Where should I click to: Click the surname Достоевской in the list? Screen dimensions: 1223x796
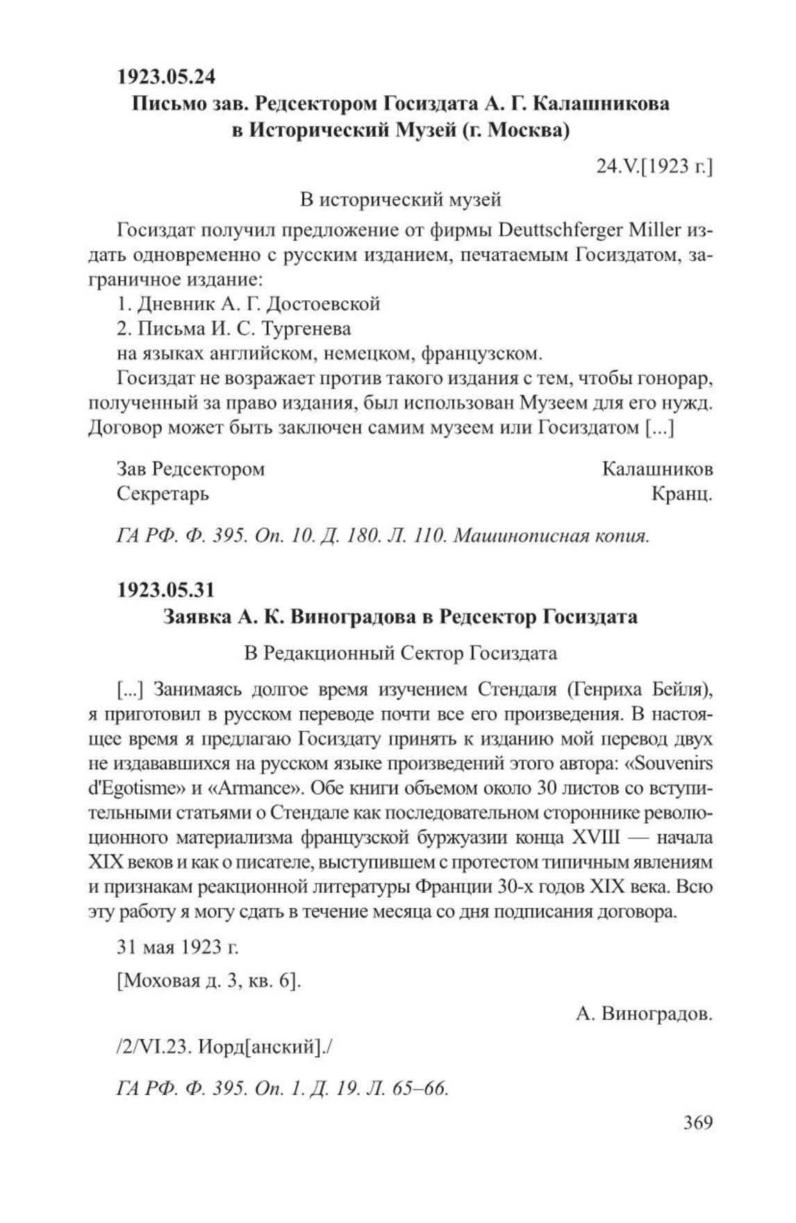(324, 304)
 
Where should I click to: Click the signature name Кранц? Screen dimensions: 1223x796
(682, 494)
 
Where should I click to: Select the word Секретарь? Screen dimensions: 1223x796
(163, 494)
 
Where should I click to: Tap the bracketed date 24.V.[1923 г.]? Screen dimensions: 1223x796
(654, 167)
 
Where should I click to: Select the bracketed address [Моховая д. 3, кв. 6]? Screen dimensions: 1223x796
(208, 982)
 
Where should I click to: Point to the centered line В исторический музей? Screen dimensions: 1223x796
(400, 200)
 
